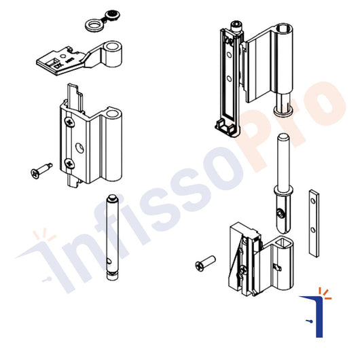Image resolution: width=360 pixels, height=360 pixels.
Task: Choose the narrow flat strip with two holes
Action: coord(312,221)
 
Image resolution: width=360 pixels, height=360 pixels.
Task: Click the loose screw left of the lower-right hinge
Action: coord(204,262)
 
